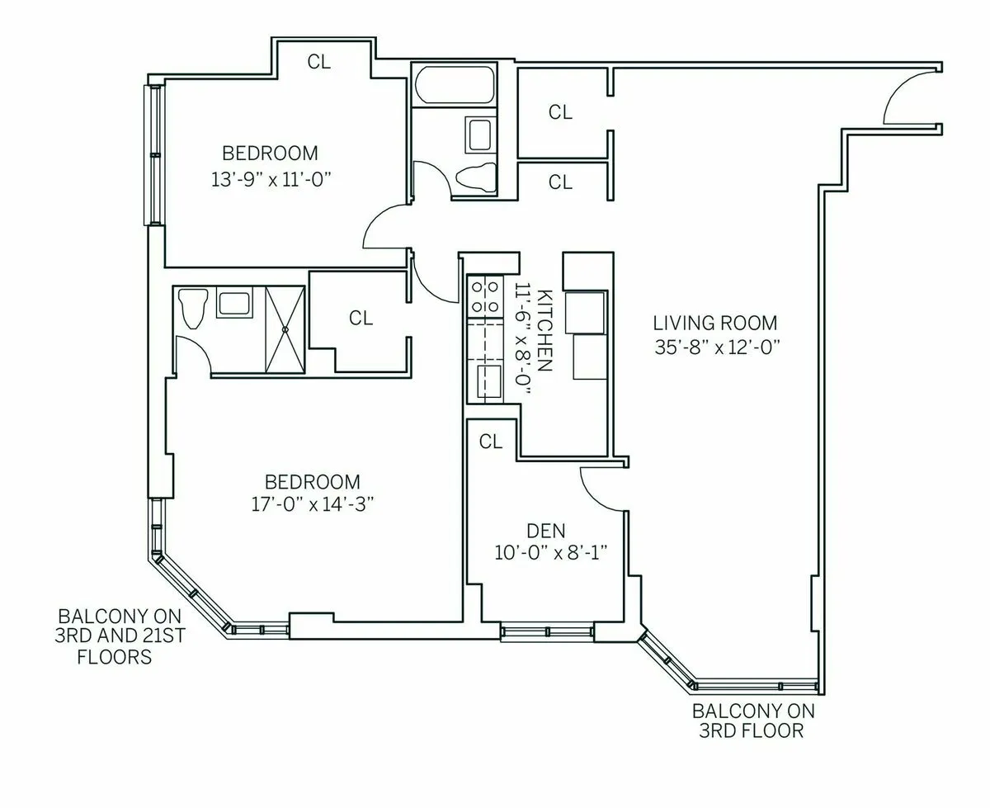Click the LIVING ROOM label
click(x=715, y=323)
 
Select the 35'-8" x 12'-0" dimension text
click(x=715, y=347)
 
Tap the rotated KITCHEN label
click(x=544, y=330)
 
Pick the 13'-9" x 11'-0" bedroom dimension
click(x=270, y=178)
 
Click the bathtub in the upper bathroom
click(x=455, y=86)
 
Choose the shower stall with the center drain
click(x=285, y=329)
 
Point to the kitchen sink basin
click(x=486, y=381)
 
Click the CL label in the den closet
click(x=491, y=442)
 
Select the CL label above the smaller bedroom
click(x=319, y=61)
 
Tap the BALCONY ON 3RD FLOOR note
click(x=747, y=721)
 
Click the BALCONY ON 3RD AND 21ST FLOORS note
click(x=115, y=636)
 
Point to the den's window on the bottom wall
click(x=548, y=632)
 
